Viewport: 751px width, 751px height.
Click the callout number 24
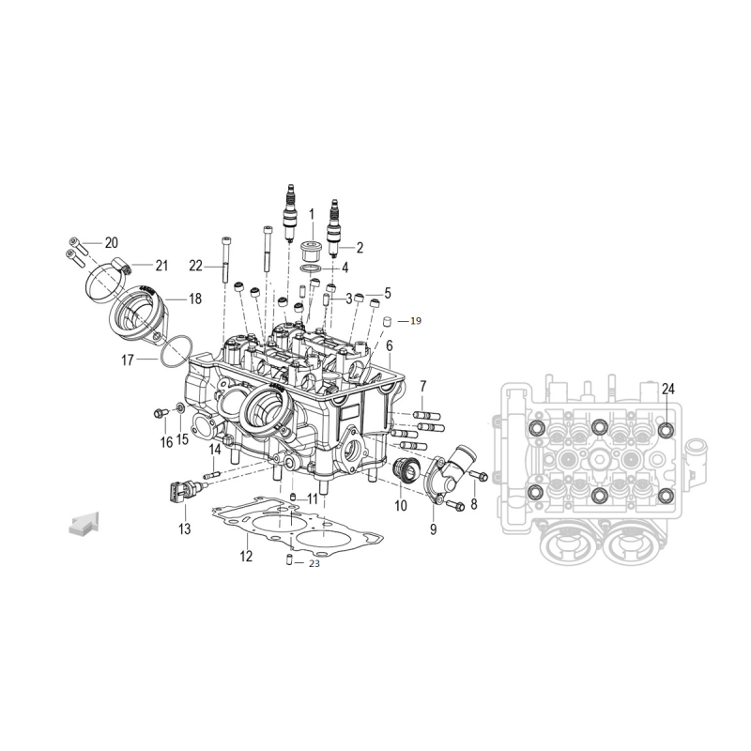[667, 390]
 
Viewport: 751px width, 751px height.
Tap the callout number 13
[184, 529]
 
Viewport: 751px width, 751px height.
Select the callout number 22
[196, 266]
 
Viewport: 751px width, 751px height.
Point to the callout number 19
[416, 321]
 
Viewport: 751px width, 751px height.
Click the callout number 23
[314, 564]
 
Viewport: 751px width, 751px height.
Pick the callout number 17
[128, 360]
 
